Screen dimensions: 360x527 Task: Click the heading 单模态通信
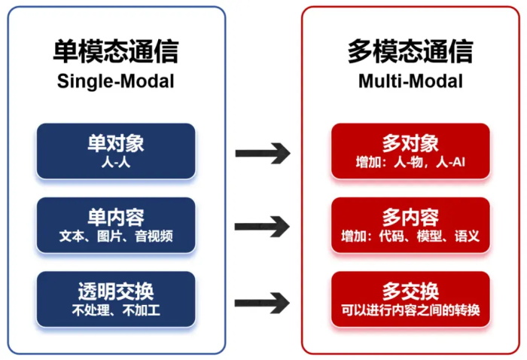(x=115, y=51)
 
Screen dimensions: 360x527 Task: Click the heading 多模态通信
(x=410, y=51)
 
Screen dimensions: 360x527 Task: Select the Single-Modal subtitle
(x=115, y=81)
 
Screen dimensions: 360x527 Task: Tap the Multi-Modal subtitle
(x=410, y=81)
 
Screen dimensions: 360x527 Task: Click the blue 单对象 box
(x=115, y=151)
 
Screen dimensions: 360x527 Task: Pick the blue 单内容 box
(x=115, y=225)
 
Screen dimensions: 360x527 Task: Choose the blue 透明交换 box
(x=115, y=299)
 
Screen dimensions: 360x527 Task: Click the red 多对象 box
(x=410, y=151)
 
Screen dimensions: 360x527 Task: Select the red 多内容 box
(x=410, y=225)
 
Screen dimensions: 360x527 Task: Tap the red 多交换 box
(x=410, y=299)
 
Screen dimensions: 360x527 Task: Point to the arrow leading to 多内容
(x=263, y=226)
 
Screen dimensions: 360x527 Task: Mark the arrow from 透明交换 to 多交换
(x=263, y=303)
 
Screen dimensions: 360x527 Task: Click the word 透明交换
(x=115, y=291)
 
